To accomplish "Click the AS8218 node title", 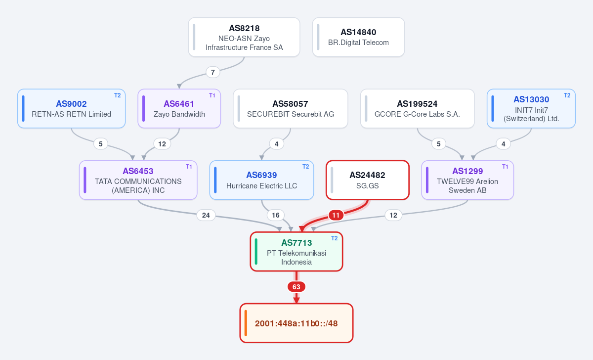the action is [x=244, y=28].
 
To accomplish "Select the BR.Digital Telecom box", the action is [x=358, y=37].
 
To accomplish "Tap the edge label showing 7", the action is [x=213, y=72].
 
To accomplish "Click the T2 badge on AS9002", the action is [x=117, y=95].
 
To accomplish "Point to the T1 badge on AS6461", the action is [x=212, y=95].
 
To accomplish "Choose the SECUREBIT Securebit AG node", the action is [x=291, y=109].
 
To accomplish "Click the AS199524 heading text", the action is [x=417, y=104].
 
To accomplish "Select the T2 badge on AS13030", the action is [x=567, y=95].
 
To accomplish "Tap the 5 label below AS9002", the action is [x=101, y=144].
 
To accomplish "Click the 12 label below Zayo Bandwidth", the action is [x=162, y=144].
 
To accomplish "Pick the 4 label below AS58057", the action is [x=277, y=144].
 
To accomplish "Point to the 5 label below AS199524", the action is [x=439, y=144].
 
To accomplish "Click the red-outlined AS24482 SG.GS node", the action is [x=368, y=180].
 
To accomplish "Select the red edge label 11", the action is [x=336, y=215].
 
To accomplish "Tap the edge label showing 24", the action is [x=206, y=215].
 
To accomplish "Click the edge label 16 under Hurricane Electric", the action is [x=276, y=215].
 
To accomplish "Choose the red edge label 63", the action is [x=296, y=287].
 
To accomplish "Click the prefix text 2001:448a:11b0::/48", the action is [x=296, y=323].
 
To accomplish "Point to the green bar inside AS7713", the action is [x=256, y=252].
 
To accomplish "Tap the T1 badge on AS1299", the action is [x=505, y=167].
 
